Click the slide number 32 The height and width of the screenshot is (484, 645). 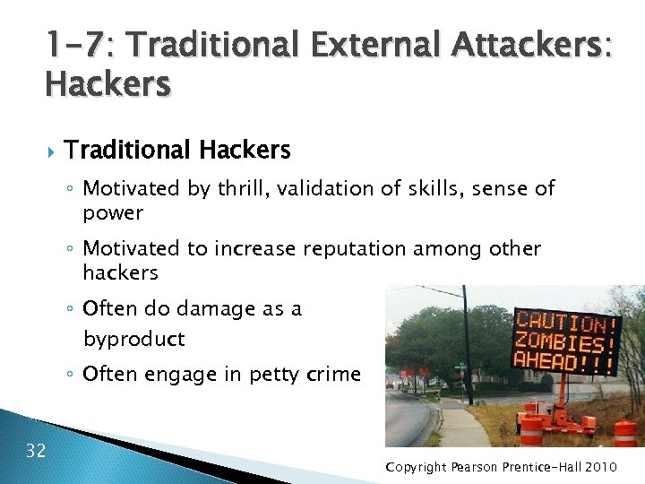pyautogui.click(x=36, y=450)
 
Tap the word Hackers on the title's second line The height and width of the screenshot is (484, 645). pyautogui.click(x=107, y=84)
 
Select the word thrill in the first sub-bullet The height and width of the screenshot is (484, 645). pyautogui.click(x=243, y=188)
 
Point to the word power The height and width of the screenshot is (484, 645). pyautogui.click(x=113, y=213)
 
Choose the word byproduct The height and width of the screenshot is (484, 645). pyautogui.click(x=133, y=339)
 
